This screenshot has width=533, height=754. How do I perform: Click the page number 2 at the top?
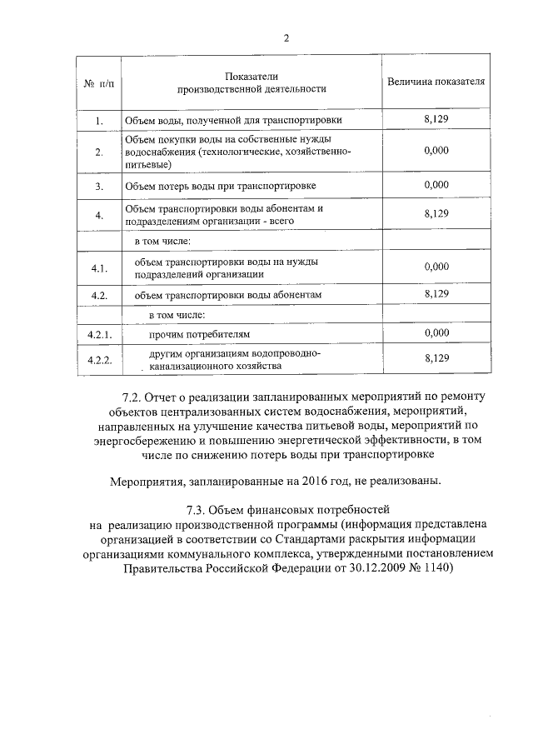pos(286,37)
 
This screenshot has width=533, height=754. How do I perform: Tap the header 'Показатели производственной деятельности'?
pos(252,82)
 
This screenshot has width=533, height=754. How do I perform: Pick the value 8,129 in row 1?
pos(436,120)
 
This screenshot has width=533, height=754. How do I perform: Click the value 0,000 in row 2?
pos(436,150)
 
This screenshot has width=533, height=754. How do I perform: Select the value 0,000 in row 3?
pos(436,184)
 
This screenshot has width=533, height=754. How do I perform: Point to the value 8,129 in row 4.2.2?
pos(436,358)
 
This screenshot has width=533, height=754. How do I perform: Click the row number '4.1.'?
pos(99,267)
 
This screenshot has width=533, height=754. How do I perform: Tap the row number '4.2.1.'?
pos(99,334)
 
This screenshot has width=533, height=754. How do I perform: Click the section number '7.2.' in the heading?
pos(134,397)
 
